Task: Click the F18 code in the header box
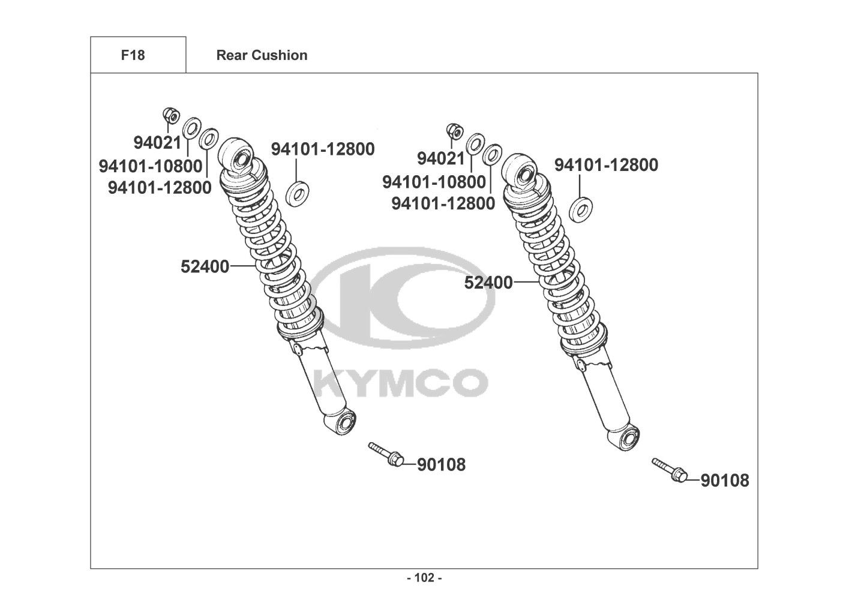point(133,55)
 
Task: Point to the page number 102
point(424,578)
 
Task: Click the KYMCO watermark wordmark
point(401,383)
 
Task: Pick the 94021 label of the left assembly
point(158,143)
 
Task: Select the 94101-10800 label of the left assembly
point(151,166)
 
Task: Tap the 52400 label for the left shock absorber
point(205,266)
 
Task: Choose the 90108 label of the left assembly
point(441,464)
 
